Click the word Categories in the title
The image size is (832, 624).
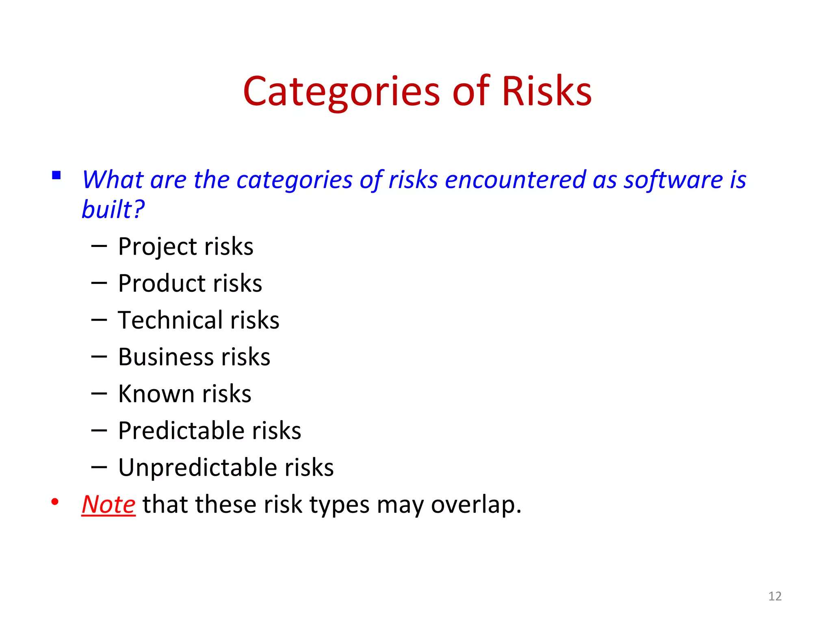point(341,91)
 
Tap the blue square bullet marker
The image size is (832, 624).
point(56,175)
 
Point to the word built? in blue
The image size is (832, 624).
point(113,210)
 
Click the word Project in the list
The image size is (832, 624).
point(158,247)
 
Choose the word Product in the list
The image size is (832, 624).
point(162,284)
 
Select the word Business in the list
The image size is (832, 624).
point(166,357)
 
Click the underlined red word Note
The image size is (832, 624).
point(108,505)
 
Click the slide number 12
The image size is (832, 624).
point(775,596)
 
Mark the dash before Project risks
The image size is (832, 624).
point(99,246)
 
